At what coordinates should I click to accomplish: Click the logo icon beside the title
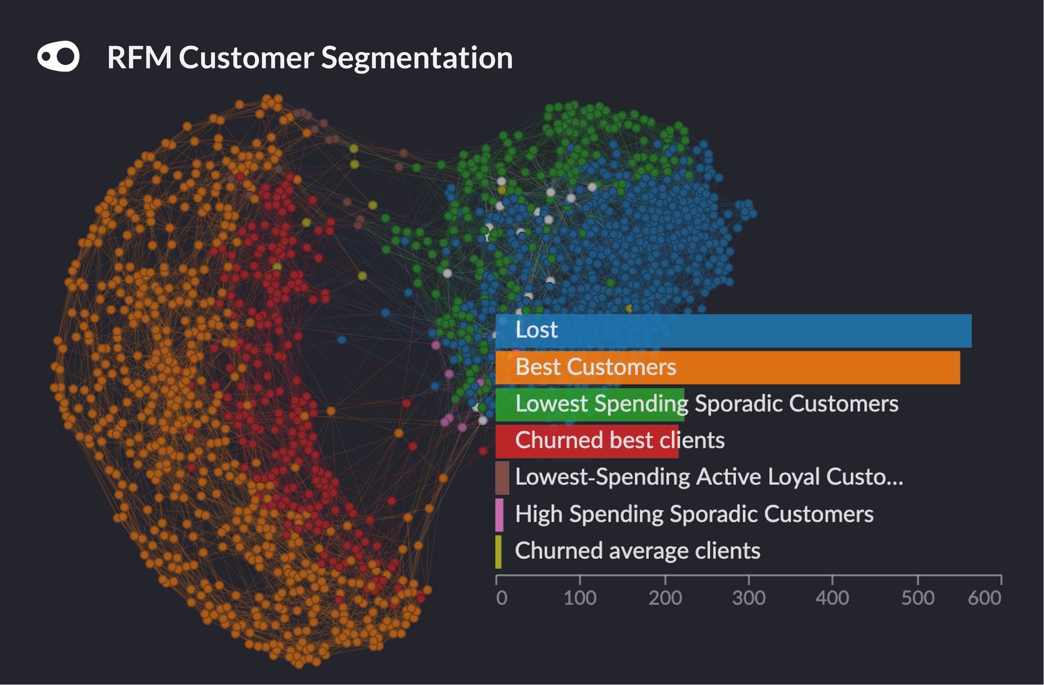coord(58,56)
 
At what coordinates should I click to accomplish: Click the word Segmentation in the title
coord(417,57)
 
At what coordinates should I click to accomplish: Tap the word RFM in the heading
coord(139,57)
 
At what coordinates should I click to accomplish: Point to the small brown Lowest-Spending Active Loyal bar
coord(502,477)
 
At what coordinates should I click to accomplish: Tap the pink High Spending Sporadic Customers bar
coord(499,514)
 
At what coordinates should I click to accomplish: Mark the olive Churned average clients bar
coord(498,551)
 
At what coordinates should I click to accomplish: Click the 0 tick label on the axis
coord(501,598)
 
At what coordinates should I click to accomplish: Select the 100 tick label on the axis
coord(580,598)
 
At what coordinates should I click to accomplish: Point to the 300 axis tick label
coord(749,598)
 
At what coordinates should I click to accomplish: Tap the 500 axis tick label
coord(918,598)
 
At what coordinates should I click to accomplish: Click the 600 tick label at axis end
coord(984,598)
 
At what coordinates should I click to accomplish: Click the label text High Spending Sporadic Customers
coord(694,514)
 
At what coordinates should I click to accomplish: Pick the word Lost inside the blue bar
coord(536,330)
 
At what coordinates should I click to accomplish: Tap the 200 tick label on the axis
coord(665,598)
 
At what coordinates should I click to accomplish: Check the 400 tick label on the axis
coord(832,598)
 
